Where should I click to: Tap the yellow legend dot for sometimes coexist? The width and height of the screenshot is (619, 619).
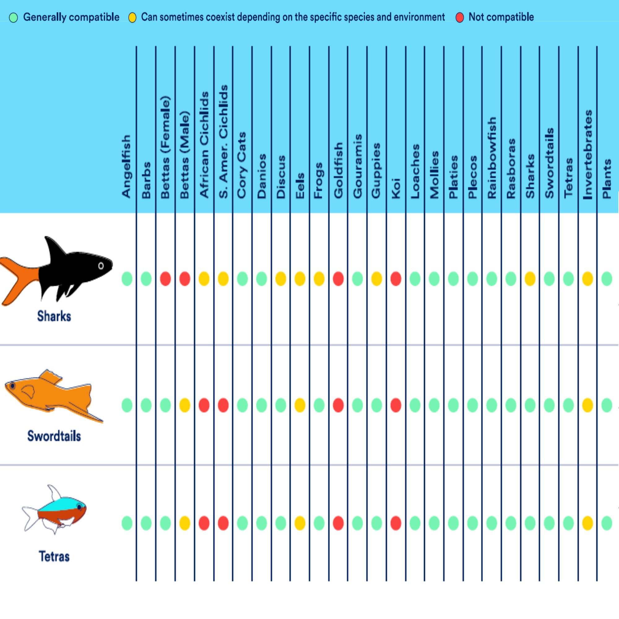click(x=132, y=18)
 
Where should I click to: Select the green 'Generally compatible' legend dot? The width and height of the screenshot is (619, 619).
click(x=13, y=18)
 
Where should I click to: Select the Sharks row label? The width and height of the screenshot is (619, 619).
click(x=54, y=316)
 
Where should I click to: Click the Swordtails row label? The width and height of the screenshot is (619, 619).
click(x=54, y=436)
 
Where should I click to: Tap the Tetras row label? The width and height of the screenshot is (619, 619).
click(x=54, y=556)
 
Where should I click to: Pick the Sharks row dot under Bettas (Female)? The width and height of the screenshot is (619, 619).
click(x=165, y=279)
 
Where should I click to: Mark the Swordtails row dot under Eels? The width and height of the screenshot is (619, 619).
click(x=300, y=406)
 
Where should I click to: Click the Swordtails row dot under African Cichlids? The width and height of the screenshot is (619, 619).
click(x=204, y=406)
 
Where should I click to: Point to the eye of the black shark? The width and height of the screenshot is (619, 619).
click(x=101, y=266)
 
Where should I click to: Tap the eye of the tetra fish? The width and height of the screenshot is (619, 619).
click(x=79, y=507)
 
